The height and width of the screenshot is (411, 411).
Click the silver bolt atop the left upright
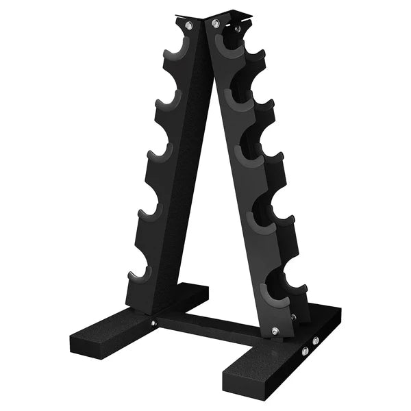(188, 26)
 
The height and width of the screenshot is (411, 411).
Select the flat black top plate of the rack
(206, 14)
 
